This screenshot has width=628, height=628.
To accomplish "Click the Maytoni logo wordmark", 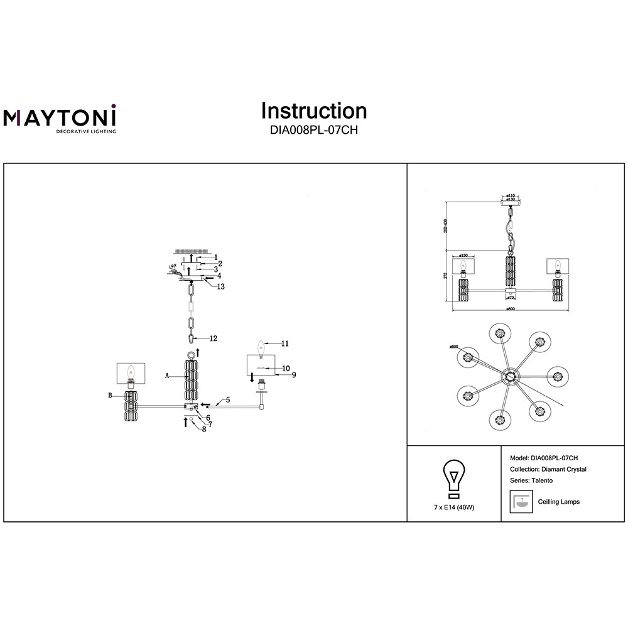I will (60, 117).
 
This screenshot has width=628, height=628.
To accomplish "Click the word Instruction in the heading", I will (314, 111).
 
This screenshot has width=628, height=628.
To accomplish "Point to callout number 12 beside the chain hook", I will (214, 338).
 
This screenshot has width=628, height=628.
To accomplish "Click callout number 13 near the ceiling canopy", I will (221, 286).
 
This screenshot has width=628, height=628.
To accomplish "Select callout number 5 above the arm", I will (228, 399).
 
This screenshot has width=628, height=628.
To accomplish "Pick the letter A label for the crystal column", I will (168, 376).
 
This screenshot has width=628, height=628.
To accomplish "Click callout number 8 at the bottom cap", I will (203, 430).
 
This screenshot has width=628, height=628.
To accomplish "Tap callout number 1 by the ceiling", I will (215, 257).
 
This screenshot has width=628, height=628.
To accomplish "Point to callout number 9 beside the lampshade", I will (293, 375).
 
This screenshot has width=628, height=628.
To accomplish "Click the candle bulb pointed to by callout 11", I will (260, 345).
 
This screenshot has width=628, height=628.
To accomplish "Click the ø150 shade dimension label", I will (463, 255).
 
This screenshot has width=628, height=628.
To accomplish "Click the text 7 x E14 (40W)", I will (453, 507).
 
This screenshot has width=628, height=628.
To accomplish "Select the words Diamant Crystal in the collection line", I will (563, 469).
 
